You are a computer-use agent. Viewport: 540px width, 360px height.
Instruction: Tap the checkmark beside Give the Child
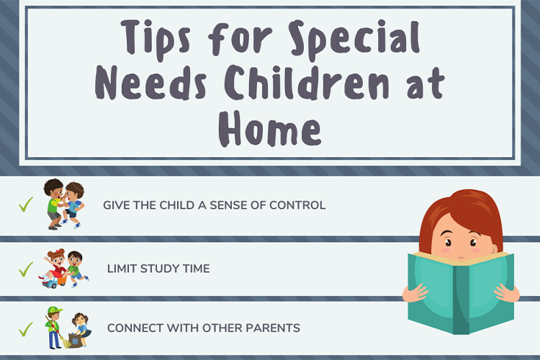[x=26, y=205]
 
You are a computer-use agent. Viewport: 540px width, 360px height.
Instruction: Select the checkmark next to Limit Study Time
[x=26, y=269]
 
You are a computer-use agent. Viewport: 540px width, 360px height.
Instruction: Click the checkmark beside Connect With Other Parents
[x=26, y=329]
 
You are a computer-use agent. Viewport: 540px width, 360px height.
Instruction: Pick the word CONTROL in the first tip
[x=297, y=205]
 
